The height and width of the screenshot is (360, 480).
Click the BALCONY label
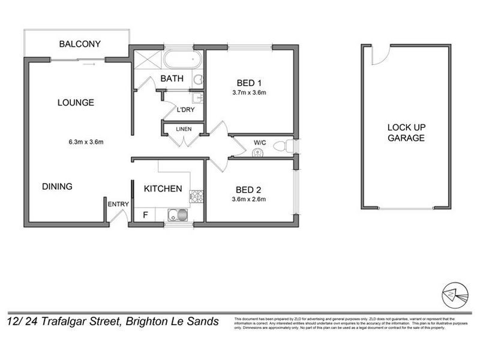tap(80, 44)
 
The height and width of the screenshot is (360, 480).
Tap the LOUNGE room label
tap(76, 103)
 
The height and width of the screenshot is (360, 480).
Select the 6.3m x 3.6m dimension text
tap(86, 142)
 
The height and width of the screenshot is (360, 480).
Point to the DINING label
tap(57, 187)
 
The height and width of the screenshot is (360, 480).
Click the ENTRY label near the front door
tap(118, 205)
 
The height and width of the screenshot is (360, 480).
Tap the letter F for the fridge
tap(145, 214)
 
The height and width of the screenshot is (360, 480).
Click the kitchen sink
tap(177, 214)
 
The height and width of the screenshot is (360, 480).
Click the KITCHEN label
tap(163, 189)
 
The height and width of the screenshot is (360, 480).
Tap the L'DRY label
tap(185, 110)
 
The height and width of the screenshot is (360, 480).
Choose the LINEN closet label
tap(184, 129)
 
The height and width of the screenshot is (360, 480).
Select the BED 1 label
tap(248, 83)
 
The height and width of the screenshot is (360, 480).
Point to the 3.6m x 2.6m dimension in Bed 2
tap(248, 200)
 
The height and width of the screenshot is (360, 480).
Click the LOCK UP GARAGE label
tap(406, 133)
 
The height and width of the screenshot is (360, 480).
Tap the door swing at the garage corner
tap(377, 55)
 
